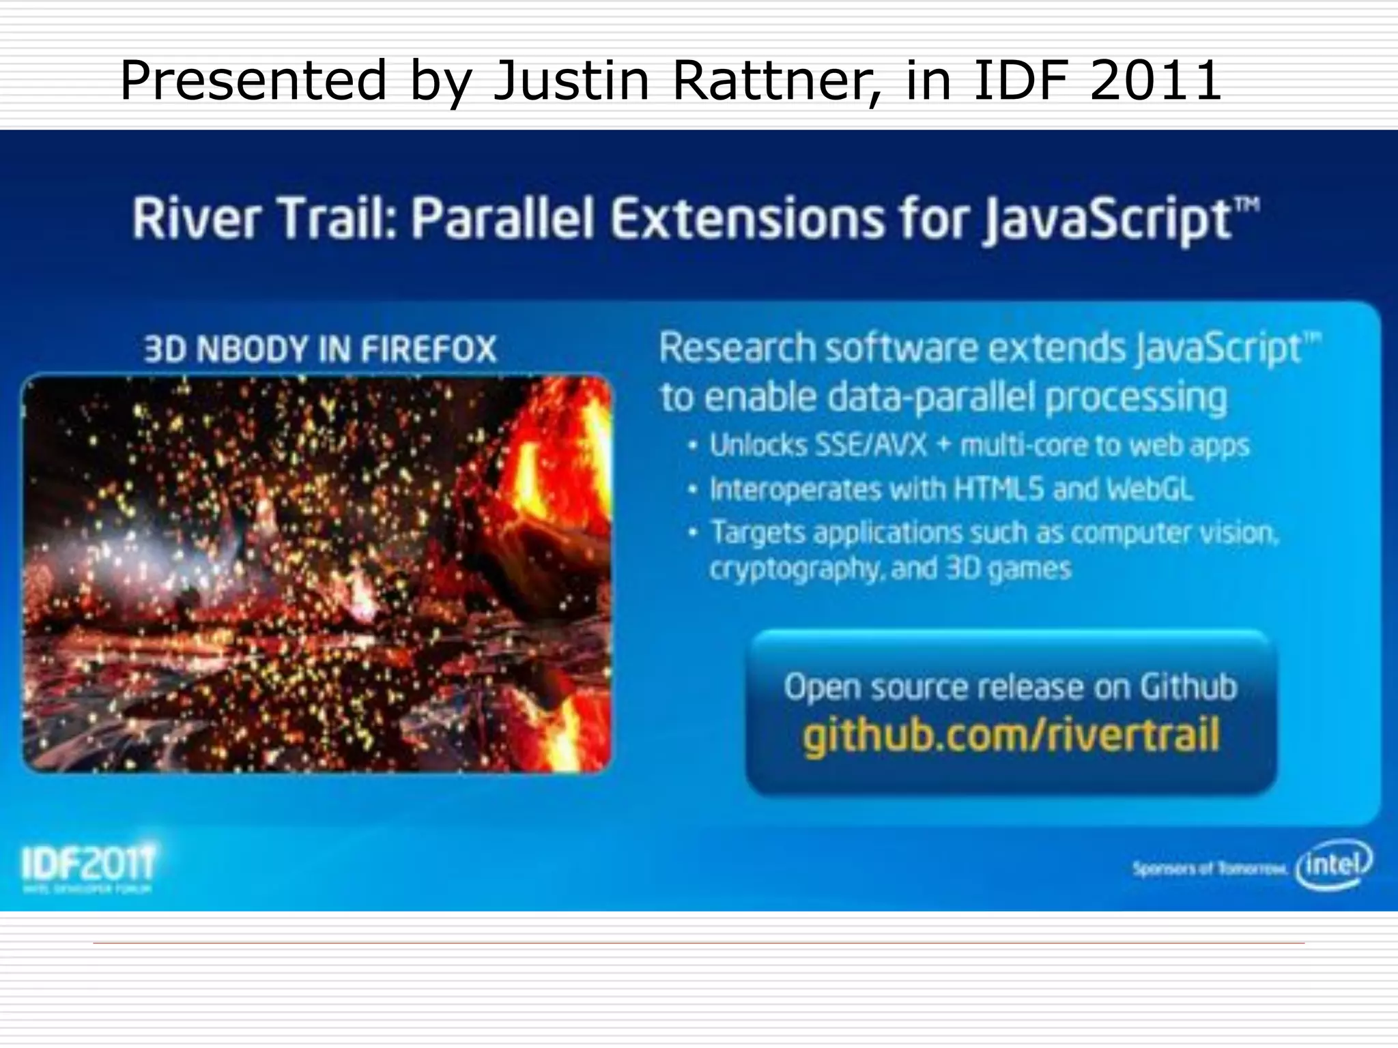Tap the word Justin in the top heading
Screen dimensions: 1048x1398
[x=571, y=81]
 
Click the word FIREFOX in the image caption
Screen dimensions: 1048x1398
[x=428, y=349]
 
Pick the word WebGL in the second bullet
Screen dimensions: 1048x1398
[x=1150, y=489]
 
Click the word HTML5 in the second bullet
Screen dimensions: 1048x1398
[x=999, y=489]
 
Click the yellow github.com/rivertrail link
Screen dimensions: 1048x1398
[x=1011, y=736]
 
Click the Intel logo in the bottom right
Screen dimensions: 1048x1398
[x=1335, y=864]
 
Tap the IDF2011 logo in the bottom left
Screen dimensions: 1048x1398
[x=89, y=864]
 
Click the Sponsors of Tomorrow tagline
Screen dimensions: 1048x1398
[x=1209, y=869]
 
